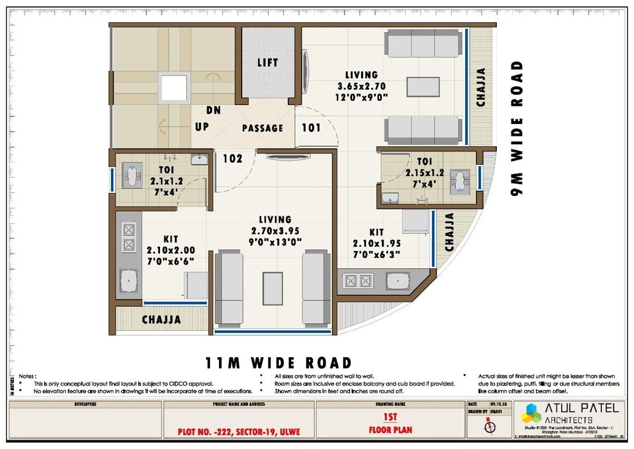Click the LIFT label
point(268,63)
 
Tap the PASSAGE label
point(263,128)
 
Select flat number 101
point(311,127)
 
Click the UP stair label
point(202,127)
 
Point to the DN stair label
point(213,110)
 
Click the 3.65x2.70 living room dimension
point(361,86)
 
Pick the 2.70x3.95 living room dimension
point(276,230)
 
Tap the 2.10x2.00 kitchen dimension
point(170,250)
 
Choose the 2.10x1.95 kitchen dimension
point(377,243)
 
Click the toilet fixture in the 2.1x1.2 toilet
point(133,177)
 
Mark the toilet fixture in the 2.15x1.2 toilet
point(461,181)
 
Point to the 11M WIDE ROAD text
point(278,363)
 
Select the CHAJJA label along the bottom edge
point(161,320)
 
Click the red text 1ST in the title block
point(390,417)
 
